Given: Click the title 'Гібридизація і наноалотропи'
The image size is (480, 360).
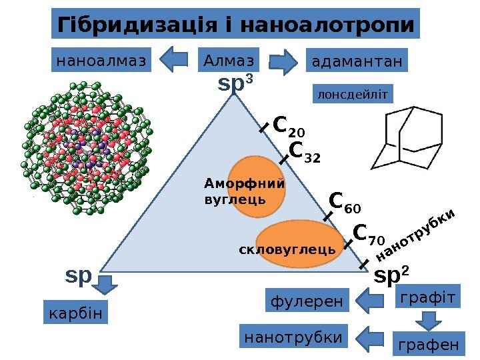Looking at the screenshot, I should tap(236, 25).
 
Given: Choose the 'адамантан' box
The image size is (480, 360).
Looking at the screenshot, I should tap(357, 61).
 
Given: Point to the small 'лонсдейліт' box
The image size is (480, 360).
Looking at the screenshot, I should tap(353, 94).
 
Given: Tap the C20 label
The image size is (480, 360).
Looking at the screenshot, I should tap(289, 125).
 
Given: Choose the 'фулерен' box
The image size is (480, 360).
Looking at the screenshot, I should tap(308, 302).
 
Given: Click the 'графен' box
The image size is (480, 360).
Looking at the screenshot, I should tap(428, 345).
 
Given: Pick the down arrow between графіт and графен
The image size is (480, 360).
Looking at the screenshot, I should tap(428, 321).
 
